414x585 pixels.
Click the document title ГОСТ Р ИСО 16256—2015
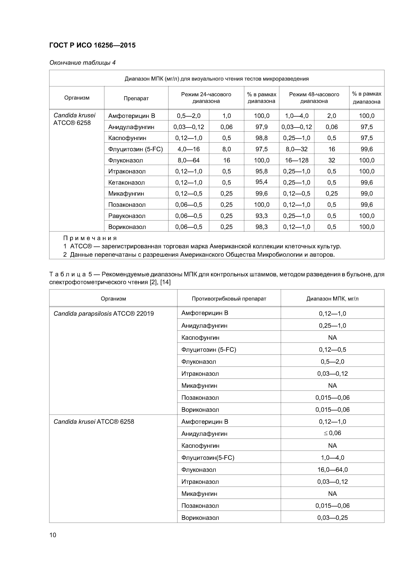point(92,45)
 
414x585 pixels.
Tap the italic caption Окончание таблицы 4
point(82,63)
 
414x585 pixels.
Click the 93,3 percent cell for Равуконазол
point(261,216)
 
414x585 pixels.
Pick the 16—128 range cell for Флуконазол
point(296,160)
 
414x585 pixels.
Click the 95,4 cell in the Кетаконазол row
point(261,182)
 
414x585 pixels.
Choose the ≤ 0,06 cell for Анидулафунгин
point(332,433)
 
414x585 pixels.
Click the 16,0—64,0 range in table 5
point(332,470)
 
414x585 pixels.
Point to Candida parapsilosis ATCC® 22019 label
point(103,314)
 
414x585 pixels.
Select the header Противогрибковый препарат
point(229,299)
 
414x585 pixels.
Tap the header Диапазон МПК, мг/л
point(332,299)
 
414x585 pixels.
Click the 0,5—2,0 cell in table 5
point(332,362)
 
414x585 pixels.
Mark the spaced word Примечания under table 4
point(90,238)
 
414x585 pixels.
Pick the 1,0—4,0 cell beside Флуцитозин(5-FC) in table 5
point(332,458)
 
